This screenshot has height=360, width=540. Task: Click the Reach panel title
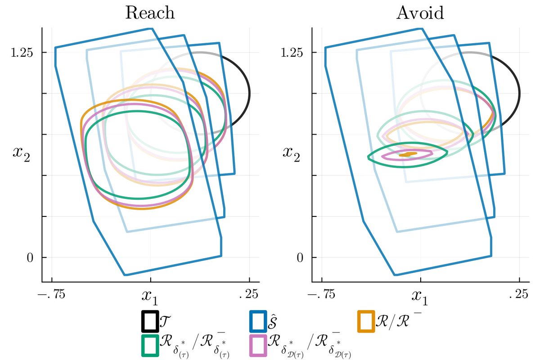point(150,13)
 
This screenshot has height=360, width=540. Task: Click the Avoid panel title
point(420,13)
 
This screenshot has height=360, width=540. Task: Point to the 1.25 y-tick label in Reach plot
point(22,53)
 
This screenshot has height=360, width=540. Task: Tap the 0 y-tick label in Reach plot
point(30,258)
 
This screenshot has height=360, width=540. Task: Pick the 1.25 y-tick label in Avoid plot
point(292,53)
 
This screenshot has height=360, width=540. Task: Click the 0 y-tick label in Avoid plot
point(300,258)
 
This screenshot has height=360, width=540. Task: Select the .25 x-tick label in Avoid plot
point(518,294)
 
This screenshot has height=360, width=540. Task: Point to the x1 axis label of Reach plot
point(150,296)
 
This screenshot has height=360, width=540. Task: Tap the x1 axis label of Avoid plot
point(420,296)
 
